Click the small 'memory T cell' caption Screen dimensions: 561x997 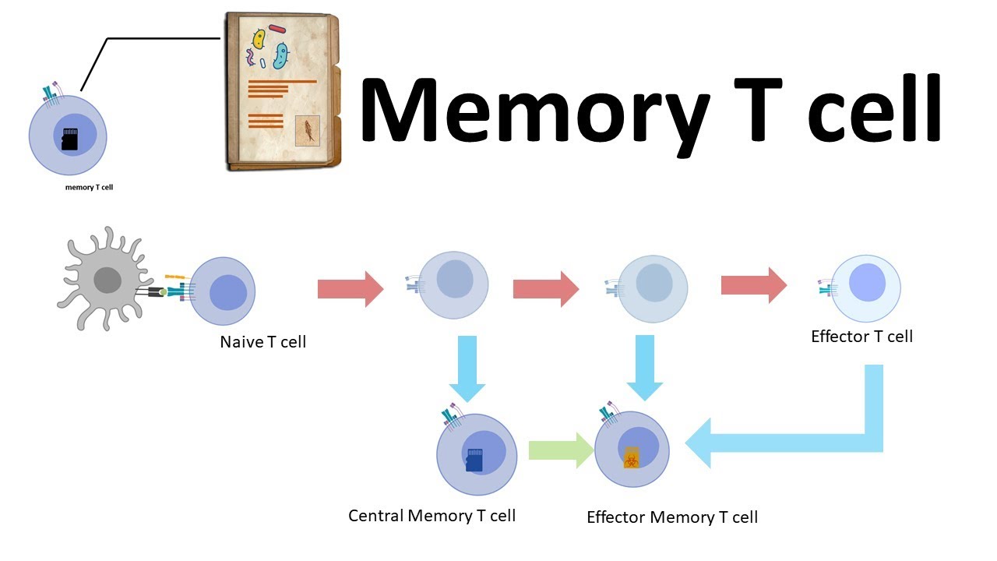click(x=89, y=187)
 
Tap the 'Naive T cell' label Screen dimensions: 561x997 click(x=262, y=341)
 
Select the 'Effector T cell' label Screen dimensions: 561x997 click(x=861, y=337)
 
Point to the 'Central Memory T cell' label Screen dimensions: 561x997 click(x=432, y=516)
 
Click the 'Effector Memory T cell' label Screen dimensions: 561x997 click(x=671, y=517)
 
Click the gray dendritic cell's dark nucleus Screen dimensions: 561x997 click(x=107, y=280)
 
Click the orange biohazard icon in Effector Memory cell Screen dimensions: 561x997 click(x=632, y=457)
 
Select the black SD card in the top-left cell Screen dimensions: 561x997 click(x=70, y=139)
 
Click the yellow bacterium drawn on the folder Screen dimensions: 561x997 click(x=257, y=41)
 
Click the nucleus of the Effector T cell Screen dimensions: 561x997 click(x=867, y=283)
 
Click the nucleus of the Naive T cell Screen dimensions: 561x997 click(x=228, y=292)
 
